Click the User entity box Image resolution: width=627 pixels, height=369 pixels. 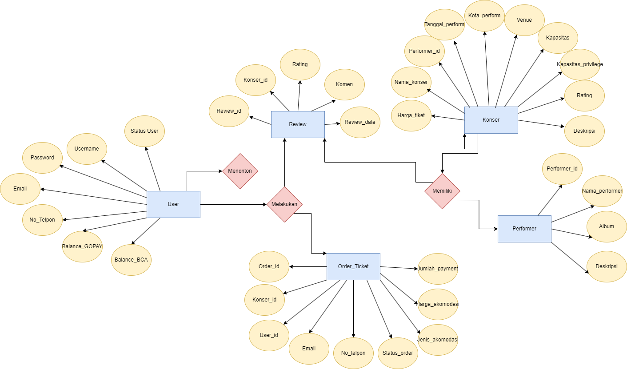[173, 204]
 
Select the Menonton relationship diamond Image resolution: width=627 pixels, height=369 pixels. [240, 171]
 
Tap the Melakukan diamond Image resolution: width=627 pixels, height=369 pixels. [284, 204]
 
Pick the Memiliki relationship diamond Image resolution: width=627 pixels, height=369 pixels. [442, 191]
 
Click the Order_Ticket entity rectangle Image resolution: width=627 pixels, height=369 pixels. [353, 266]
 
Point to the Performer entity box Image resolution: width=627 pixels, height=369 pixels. [524, 229]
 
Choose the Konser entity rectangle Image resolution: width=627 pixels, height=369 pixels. [491, 120]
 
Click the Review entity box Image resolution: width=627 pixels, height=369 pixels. [298, 124]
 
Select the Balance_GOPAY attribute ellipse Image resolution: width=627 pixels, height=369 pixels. [82, 246]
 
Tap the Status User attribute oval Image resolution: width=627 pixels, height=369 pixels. [144, 131]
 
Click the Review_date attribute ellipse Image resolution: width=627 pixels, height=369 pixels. [360, 122]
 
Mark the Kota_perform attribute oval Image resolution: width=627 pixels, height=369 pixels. [484, 16]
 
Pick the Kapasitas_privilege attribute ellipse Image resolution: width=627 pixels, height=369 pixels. [580, 64]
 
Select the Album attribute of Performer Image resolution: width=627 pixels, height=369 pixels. [607, 226]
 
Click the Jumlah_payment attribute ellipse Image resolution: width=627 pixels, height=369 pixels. [438, 269]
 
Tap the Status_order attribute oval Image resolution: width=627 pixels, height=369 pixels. [398, 353]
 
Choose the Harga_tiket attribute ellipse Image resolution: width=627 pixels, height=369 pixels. [411, 115]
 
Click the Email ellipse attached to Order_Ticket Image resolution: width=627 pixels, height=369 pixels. [309, 349]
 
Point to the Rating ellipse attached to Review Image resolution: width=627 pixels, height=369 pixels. [300, 64]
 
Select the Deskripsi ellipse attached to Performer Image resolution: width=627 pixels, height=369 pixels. [607, 266]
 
